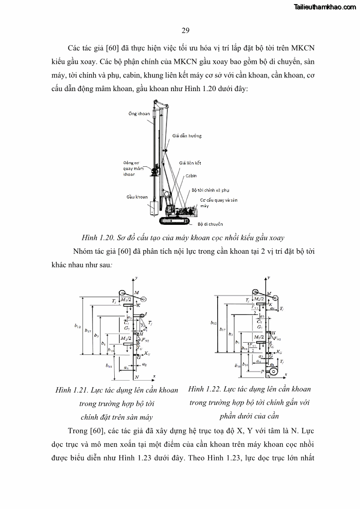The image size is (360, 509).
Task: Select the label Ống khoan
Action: pyautogui.click(x=139, y=114)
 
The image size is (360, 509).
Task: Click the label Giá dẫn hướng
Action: pyautogui.click(x=187, y=136)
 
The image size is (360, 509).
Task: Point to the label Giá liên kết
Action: pyautogui.click(x=190, y=162)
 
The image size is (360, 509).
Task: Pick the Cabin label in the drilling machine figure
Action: pyautogui.click(x=191, y=175)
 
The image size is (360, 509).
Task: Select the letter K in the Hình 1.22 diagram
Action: pyautogui.click(x=270, y=305)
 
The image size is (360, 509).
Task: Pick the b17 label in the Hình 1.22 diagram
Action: pyautogui.click(x=222, y=330)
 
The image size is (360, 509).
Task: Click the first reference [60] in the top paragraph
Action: pyautogui.click(x=110, y=48)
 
